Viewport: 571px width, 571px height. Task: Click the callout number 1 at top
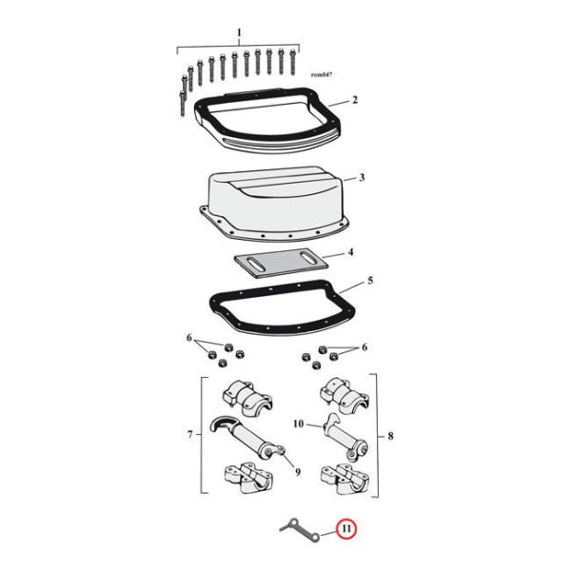click(x=238, y=34)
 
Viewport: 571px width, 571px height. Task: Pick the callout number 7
click(x=189, y=435)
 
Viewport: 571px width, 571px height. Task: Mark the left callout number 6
click(x=188, y=339)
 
